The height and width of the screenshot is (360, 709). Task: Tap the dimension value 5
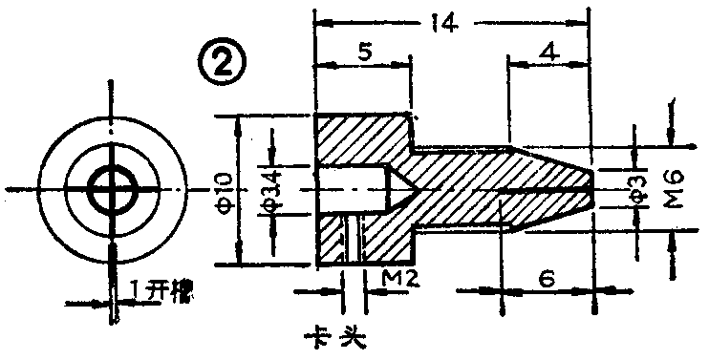click(363, 54)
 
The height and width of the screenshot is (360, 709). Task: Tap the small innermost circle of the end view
click(112, 188)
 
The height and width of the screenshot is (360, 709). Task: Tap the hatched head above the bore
click(363, 138)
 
